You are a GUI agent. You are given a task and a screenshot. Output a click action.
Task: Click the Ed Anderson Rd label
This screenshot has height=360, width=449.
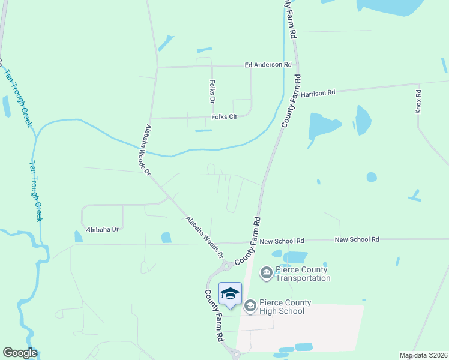tap(267, 65)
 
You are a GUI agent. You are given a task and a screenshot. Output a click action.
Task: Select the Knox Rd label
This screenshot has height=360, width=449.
tap(419, 101)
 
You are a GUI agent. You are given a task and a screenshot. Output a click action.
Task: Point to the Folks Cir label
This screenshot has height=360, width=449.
tap(225, 117)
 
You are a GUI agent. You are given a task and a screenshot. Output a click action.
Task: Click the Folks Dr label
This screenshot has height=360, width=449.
tap(212, 91)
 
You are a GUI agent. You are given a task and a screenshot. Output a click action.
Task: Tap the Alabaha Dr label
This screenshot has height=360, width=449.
tap(103, 230)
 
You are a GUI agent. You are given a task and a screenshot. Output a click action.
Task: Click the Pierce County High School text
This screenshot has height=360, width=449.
tap(282, 307)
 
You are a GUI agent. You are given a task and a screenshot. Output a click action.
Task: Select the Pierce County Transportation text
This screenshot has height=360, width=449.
tap(303, 274)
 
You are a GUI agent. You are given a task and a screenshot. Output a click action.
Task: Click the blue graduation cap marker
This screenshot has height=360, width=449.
tap(230, 293)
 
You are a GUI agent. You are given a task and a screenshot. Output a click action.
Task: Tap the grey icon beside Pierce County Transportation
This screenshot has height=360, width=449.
tap(266, 274)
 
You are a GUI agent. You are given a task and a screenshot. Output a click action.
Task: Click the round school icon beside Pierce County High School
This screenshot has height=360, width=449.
tap(250, 306)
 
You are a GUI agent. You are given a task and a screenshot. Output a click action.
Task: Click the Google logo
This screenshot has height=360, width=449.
tap(20, 353)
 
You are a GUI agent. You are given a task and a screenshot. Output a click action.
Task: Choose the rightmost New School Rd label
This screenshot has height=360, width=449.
tap(357, 239)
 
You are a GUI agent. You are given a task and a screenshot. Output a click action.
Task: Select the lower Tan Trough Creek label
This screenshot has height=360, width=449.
tap(37, 191)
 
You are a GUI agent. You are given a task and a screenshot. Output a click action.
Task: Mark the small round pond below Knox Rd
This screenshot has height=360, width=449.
tap(372, 177)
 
